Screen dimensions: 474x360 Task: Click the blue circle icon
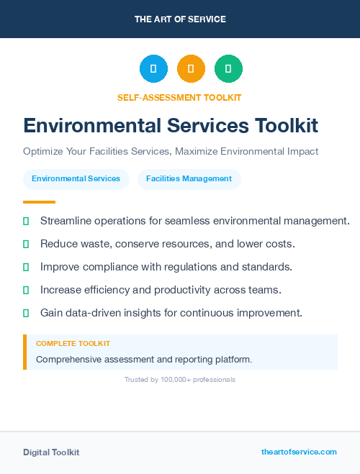(x=153, y=68)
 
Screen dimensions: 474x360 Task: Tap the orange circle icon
(x=191, y=68)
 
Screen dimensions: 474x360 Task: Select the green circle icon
(x=228, y=68)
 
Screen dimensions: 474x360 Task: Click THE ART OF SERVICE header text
(x=180, y=19)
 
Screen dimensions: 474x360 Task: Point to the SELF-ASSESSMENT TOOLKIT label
(x=179, y=97)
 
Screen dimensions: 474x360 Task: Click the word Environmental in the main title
(x=88, y=126)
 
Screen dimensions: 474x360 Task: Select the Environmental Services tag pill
(x=76, y=178)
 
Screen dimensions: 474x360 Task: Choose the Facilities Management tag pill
(x=189, y=178)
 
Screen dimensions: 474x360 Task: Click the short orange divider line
(x=39, y=202)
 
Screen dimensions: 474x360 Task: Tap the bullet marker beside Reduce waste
(x=26, y=244)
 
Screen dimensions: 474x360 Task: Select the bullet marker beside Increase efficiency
(x=26, y=290)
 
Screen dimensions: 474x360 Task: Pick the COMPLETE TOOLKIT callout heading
(x=73, y=344)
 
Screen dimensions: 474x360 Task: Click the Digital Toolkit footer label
(x=51, y=452)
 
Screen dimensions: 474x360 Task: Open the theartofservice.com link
(x=299, y=452)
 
